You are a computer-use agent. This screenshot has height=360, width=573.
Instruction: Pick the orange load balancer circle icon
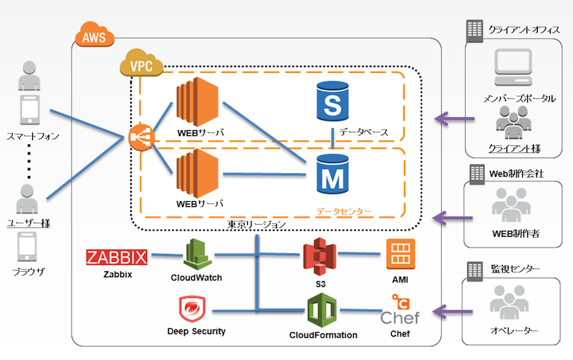coord(139,137)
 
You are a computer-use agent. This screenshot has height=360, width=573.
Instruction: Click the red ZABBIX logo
coord(116,258)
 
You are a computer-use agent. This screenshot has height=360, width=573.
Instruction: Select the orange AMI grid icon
coord(400,255)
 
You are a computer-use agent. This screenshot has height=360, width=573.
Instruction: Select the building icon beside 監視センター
coord(474,271)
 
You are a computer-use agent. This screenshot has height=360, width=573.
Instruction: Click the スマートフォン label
coord(29,135)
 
